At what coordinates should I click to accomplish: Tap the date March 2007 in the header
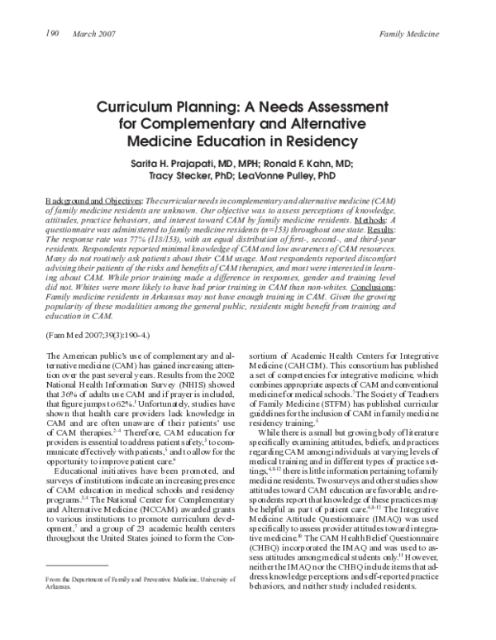tap(94, 33)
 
